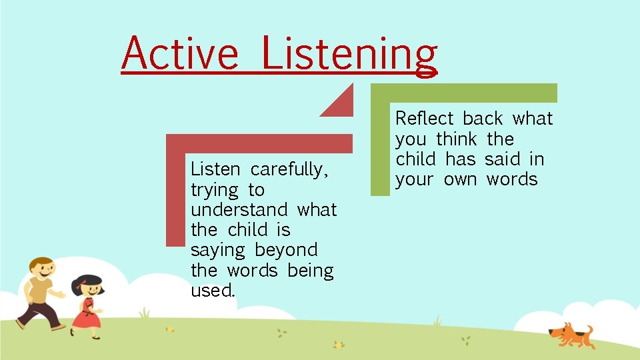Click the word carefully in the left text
[289, 170]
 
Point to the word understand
[239, 210]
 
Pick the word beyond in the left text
[286, 251]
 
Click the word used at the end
[213, 291]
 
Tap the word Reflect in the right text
[425, 119]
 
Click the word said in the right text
[503, 159]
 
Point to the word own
[460, 180]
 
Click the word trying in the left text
[214, 191]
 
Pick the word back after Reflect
[483, 119]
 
